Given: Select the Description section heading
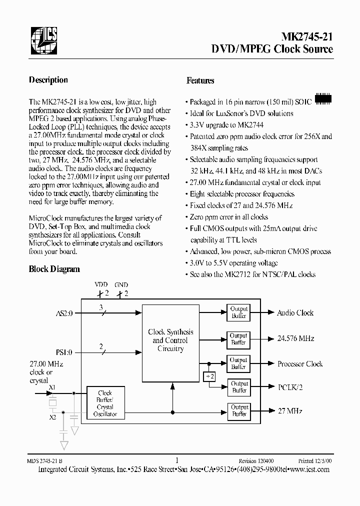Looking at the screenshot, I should tap(48, 80).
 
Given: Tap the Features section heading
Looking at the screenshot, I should tap(200, 80).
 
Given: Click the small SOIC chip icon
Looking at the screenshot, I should tap(323, 99).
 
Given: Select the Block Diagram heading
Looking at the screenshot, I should tap(54, 269).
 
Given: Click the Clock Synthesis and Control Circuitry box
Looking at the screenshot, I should tap(170, 340).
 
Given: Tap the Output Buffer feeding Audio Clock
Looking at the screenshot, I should tap(239, 312).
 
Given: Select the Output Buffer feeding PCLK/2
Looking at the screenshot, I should tap(239, 386).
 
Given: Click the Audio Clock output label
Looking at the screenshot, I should tap(295, 313).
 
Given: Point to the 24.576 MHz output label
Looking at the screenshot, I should tap(295, 338).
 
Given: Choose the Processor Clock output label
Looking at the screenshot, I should tap(300, 364).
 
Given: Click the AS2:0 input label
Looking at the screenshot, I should tap(64, 313).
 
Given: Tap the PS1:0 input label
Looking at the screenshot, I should tap(64, 352).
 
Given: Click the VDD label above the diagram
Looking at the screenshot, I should tap(101, 284).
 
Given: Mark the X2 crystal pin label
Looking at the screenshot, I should tap(53, 416).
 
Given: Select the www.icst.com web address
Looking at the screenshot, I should tap(309, 469).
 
